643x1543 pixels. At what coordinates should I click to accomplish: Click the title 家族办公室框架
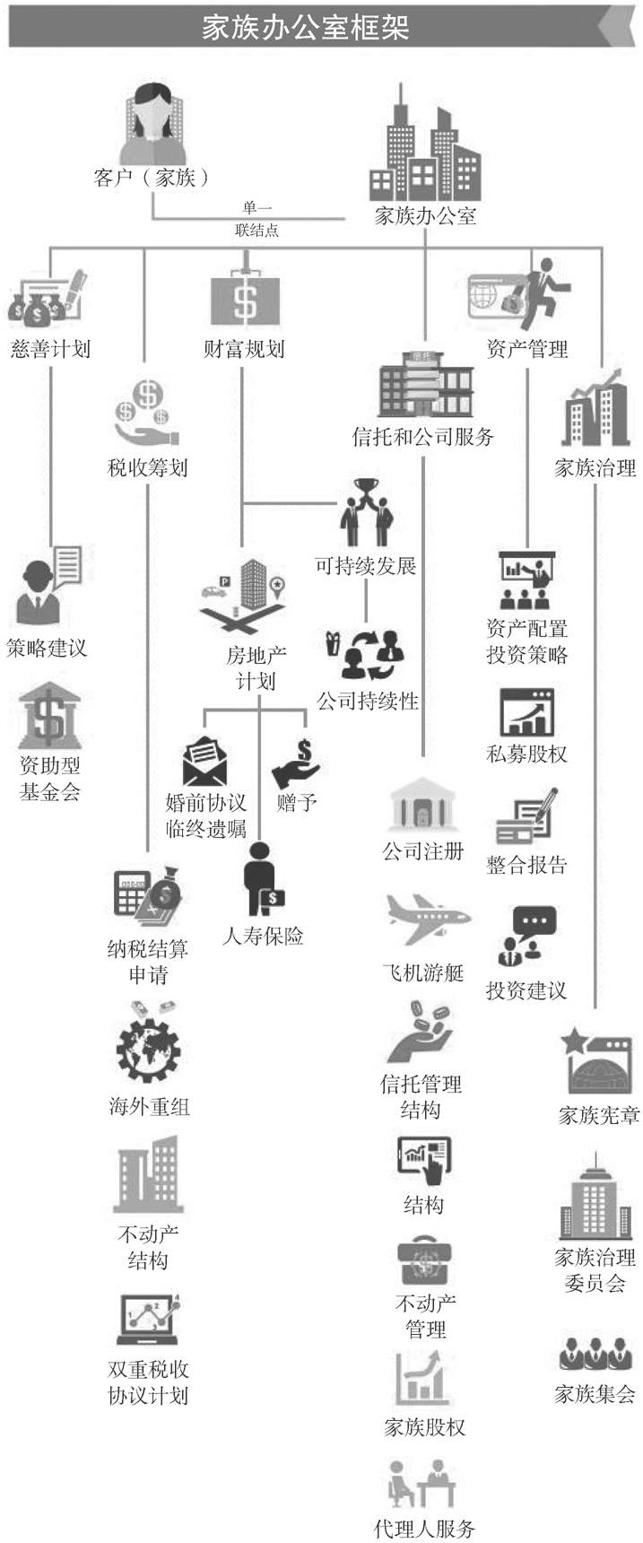pos(305,28)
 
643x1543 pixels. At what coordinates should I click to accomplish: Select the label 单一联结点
pos(257,220)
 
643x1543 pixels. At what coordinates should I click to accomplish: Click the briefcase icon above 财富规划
pos(245,296)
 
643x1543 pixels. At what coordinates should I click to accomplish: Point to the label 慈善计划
pos(50,348)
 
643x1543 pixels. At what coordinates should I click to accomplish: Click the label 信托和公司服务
pos(422,437)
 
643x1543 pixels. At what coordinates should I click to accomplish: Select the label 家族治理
pos(595,467)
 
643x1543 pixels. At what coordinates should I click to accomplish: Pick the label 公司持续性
pos(368,701)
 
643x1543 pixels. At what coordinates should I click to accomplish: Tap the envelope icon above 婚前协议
pos(205,761)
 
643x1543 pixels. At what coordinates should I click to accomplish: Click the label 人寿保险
pos(263,937)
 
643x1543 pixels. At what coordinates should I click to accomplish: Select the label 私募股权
pos(526,754)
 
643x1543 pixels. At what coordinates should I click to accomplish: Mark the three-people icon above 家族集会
pos(595,1354)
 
